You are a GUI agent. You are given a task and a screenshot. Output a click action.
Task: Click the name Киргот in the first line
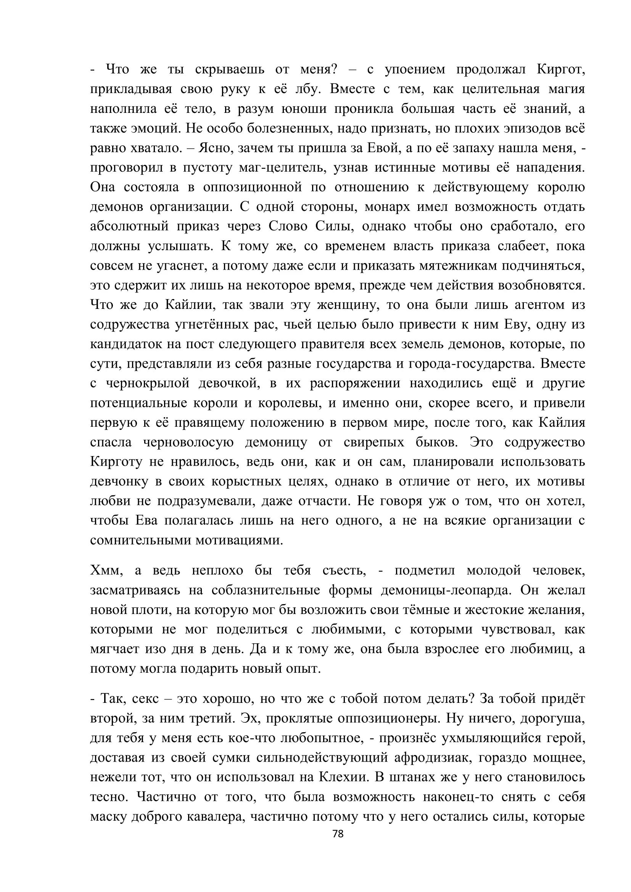[561, 69]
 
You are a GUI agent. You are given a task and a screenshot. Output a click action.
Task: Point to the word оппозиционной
[252, 187]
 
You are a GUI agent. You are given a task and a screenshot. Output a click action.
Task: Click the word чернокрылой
[147, 383]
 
